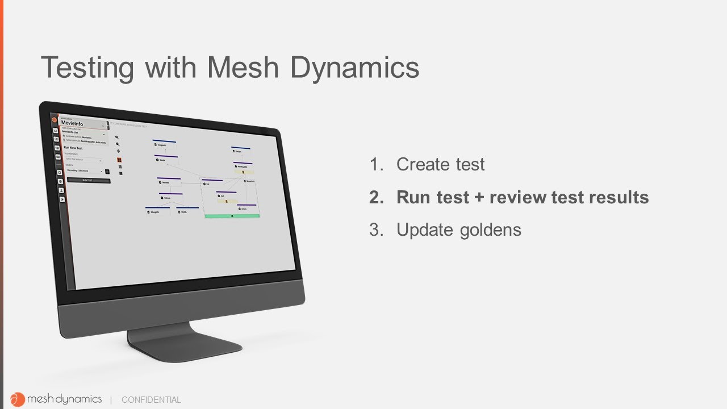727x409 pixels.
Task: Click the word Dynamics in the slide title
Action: click(x=354, y=68)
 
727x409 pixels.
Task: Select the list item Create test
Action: click(x=440, y=164)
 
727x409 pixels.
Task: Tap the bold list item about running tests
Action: click(x=522, y=197)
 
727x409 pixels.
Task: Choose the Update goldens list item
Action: click(x=458, y=229)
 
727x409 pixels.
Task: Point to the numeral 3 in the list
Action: click(x=374, y=229)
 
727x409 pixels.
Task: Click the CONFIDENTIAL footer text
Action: click(x=151, y=400)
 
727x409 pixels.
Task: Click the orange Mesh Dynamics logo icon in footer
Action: click(x=18, y=399)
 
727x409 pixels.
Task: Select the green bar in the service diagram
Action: click(x=232, y=216)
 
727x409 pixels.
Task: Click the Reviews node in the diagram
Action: click(x=165, y=182)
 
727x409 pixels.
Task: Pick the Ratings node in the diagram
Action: click(x=167, y=198)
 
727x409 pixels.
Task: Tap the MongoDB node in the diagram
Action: click(x=154, y=212)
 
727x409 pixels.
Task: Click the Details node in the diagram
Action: click(x=162, y=160)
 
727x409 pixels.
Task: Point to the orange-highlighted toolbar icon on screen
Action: click(x=119, y=161)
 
